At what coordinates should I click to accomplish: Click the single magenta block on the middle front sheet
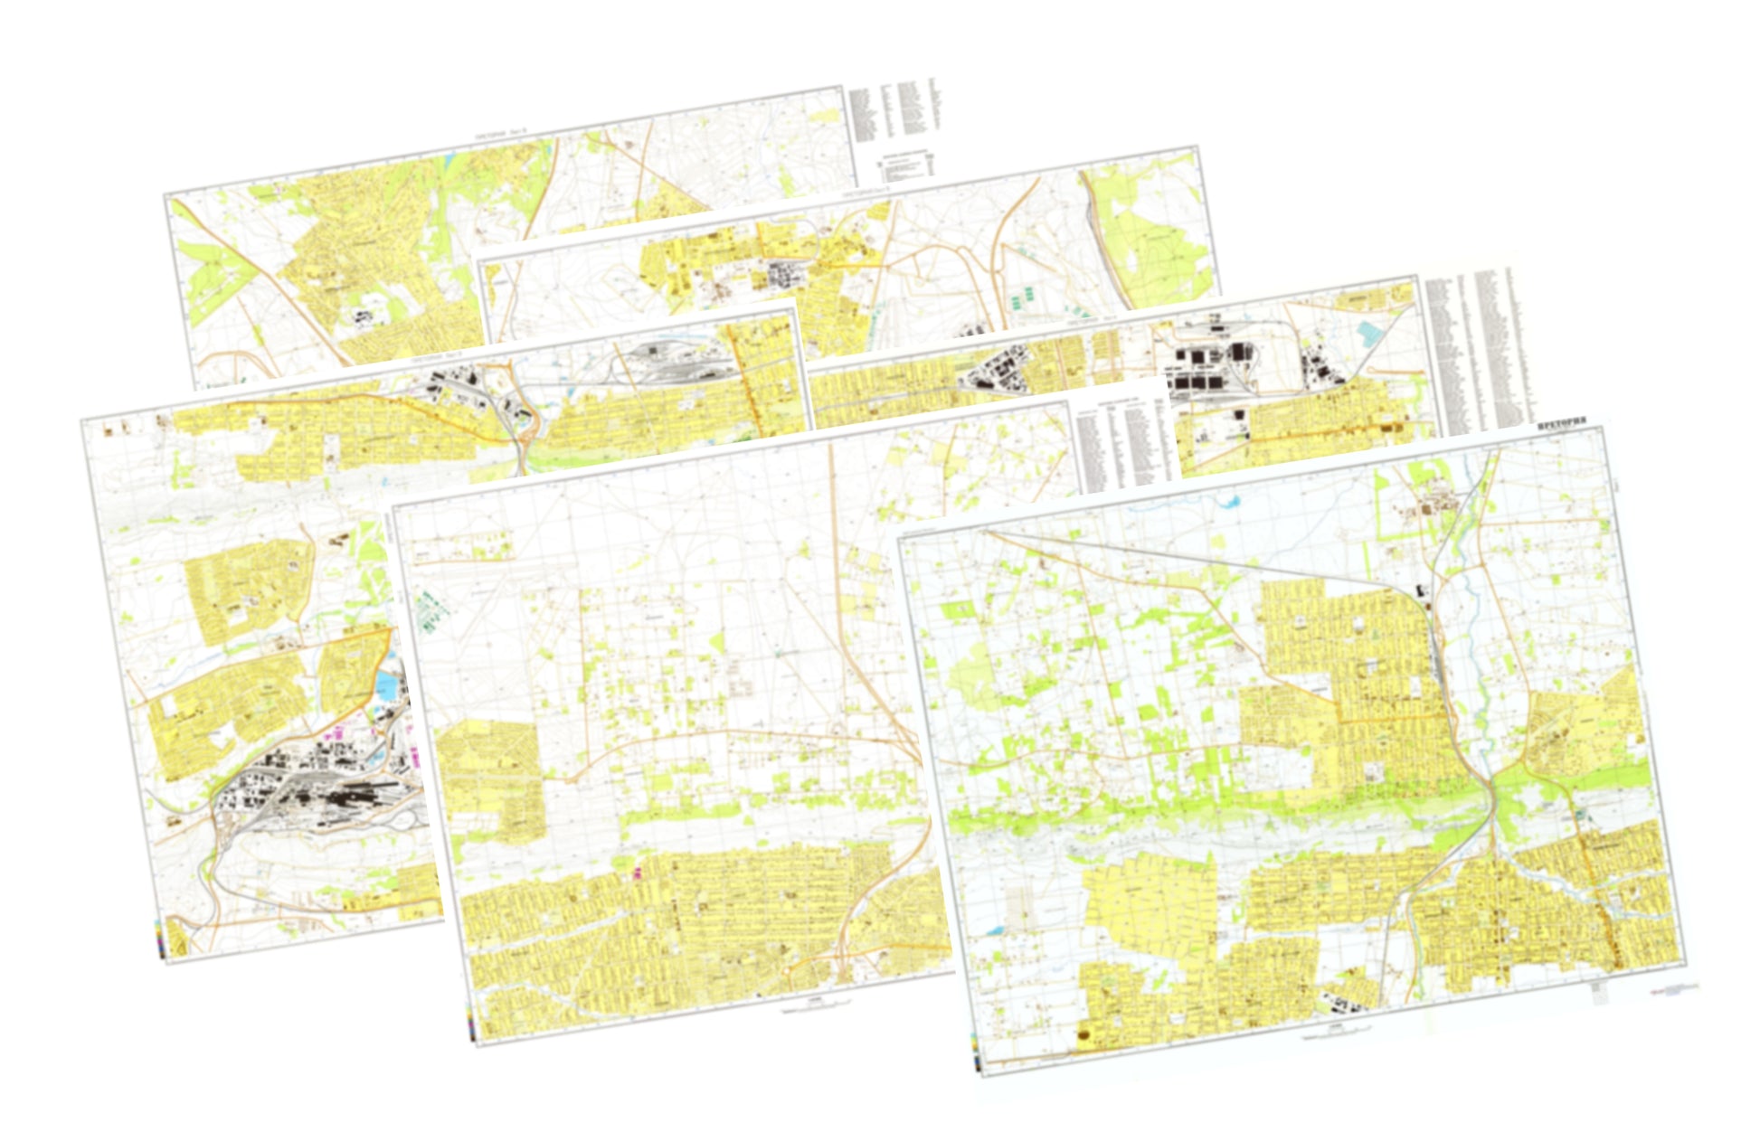point(643,873)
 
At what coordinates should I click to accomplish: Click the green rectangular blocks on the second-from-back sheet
point(1021,299)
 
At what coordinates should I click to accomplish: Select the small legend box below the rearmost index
point(906,168)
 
